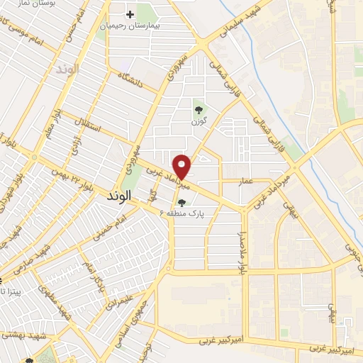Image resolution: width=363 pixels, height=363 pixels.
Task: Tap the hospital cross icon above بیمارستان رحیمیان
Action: [130, 14]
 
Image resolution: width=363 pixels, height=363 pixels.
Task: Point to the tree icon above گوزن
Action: [198, 110]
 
